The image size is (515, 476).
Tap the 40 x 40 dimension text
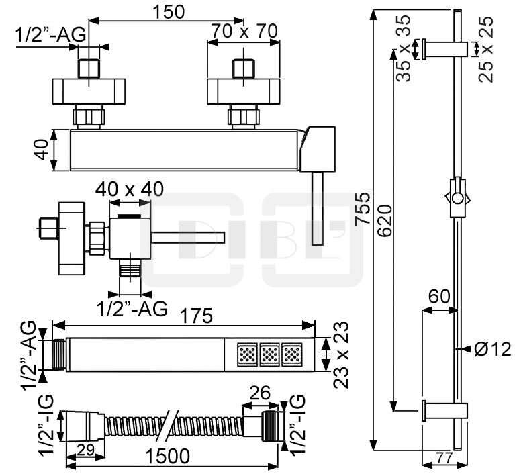point(129,189)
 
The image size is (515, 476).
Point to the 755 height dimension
point(362,209)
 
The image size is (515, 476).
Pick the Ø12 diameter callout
point(492,349)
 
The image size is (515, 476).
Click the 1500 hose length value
point(167,457)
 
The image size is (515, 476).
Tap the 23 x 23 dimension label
point(342,354)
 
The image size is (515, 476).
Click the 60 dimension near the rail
point(440,297)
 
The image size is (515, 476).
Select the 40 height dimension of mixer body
point(42,150)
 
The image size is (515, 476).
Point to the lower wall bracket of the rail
point(443,409)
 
